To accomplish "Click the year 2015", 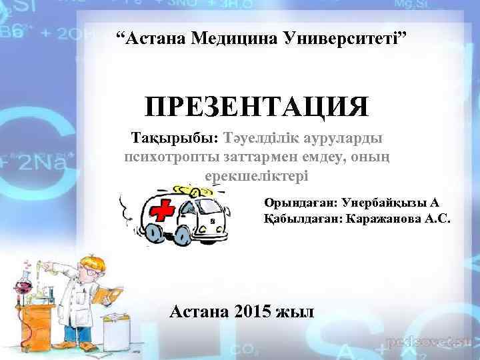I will point(253,311).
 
